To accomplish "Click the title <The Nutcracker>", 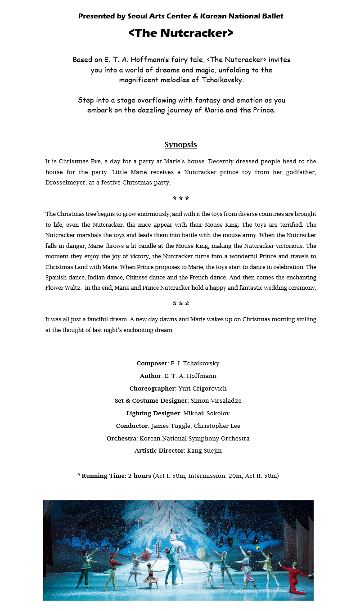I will (x=180, y=33).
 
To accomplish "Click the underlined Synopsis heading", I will (x=180, y=145).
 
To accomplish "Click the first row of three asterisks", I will (x=180, y=199).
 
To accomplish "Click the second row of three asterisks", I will (x=180, y=304).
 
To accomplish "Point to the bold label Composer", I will (x=152, y=364).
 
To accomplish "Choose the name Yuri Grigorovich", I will (x=202, y=389).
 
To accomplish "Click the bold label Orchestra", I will (x=121, y=439).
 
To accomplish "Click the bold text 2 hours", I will (x=139, y=476).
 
